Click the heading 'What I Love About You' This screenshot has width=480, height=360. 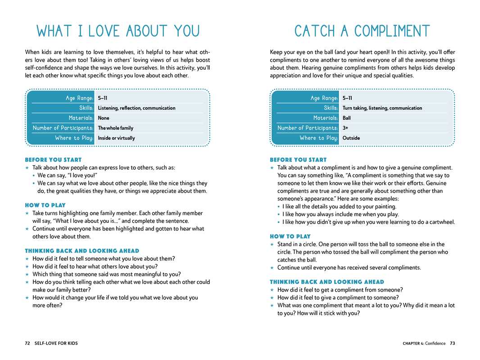point(118,31)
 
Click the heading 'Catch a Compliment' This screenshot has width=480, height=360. point(362,31)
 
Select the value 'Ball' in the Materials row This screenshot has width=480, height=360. point(347,118)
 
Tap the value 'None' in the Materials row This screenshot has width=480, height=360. point(104,118)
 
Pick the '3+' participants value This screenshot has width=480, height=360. point(345,128)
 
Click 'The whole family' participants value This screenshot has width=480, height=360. point(116,128)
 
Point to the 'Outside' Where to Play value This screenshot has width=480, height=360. point(351,138)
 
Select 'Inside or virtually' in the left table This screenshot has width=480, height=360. point(116,138)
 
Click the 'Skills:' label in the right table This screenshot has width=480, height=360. point(331,108)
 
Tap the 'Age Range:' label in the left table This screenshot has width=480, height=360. point(80,98)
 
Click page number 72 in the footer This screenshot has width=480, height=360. point(27,343)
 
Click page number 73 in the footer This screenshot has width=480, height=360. point(452,343)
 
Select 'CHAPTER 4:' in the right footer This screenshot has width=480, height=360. point(413,343)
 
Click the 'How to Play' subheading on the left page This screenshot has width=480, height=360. point(45,205)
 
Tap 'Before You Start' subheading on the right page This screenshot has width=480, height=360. point(298,160)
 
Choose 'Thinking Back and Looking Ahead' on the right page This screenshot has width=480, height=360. point(327,282)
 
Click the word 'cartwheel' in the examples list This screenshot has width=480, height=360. point(441,222)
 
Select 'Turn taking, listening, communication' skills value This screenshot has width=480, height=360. point(382,108)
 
